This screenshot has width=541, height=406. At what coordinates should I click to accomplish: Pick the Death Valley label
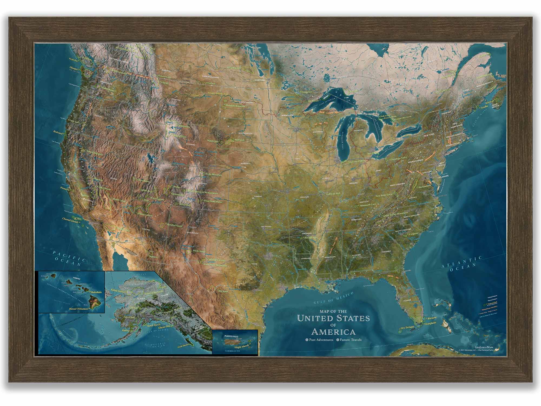click(119, 201)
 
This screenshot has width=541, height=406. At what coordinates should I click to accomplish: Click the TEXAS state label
click(255, 264)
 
